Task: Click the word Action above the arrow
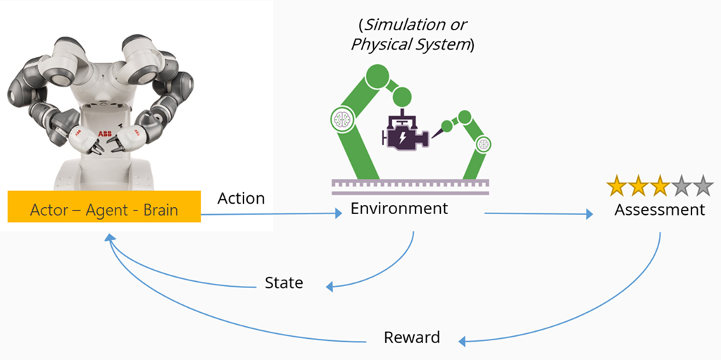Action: click(241, 198)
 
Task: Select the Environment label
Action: click(399, 209)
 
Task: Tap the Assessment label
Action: click(659, 209)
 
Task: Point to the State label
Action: click(284, 283)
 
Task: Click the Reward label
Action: click(411, 337)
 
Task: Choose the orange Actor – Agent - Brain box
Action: click(104, 209)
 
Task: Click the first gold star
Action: click(617, 187)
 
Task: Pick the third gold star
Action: click(660, 187)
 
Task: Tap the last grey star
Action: click(703, 187)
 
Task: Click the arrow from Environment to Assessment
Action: click(539, 214)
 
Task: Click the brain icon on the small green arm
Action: click(482, 145)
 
